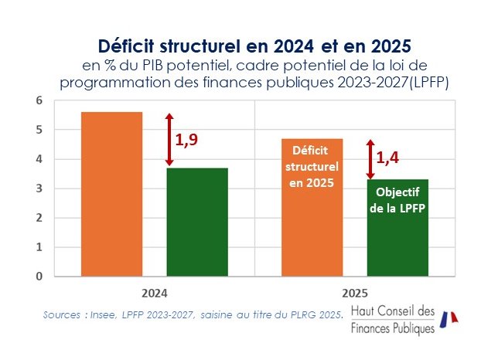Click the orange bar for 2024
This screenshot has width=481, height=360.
point(111,193)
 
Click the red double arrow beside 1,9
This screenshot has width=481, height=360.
point(169,139)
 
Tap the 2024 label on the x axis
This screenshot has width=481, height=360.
point(155,294)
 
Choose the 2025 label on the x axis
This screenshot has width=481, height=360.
point(355,294)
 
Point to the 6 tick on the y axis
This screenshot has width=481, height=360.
point(38,100)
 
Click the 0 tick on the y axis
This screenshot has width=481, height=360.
point(38,276)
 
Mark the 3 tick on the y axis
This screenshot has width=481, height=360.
point(38,188)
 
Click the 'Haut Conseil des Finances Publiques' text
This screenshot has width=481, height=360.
point(393,319)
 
